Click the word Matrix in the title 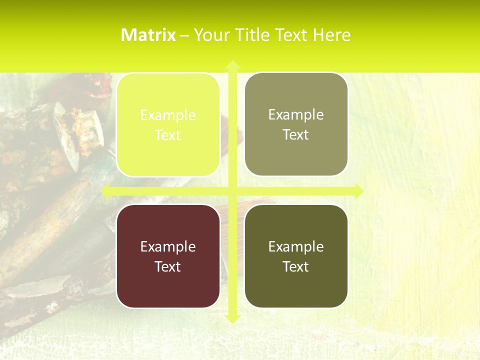click(148, 35)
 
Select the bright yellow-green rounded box click(168, 125)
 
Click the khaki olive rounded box click(296, 124)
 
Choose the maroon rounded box click(168, 256)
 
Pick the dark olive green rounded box click(296, 256)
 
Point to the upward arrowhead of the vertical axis click(232, 64)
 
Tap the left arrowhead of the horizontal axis click(105, 191)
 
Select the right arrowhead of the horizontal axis click(358, 191)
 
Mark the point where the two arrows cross click(232, 191)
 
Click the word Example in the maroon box click(168, 246)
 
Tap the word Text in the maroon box click(168, 266)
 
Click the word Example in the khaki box click(296, 114)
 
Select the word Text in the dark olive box click(296, 266)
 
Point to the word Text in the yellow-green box click(168, 135)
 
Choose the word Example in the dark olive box click(296, 246)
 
